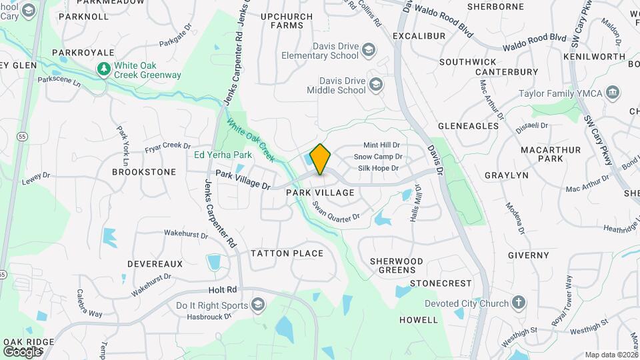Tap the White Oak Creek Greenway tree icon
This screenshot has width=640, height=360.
103,68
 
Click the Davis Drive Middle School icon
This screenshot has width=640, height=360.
376,85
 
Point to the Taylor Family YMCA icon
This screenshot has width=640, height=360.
613,92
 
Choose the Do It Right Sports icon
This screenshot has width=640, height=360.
257,305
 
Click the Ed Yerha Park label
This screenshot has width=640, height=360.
223,155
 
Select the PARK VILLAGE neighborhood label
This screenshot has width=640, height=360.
320,192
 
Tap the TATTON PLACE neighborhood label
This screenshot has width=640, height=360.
287,253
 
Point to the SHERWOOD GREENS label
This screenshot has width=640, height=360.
397,265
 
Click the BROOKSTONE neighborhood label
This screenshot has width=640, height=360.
144,171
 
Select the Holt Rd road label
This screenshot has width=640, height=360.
223,290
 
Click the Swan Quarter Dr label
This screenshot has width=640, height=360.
335,212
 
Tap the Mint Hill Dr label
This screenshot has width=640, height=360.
381,145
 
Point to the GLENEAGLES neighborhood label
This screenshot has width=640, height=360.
468,125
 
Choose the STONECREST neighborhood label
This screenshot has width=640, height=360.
441,283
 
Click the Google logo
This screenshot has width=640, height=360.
22,351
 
